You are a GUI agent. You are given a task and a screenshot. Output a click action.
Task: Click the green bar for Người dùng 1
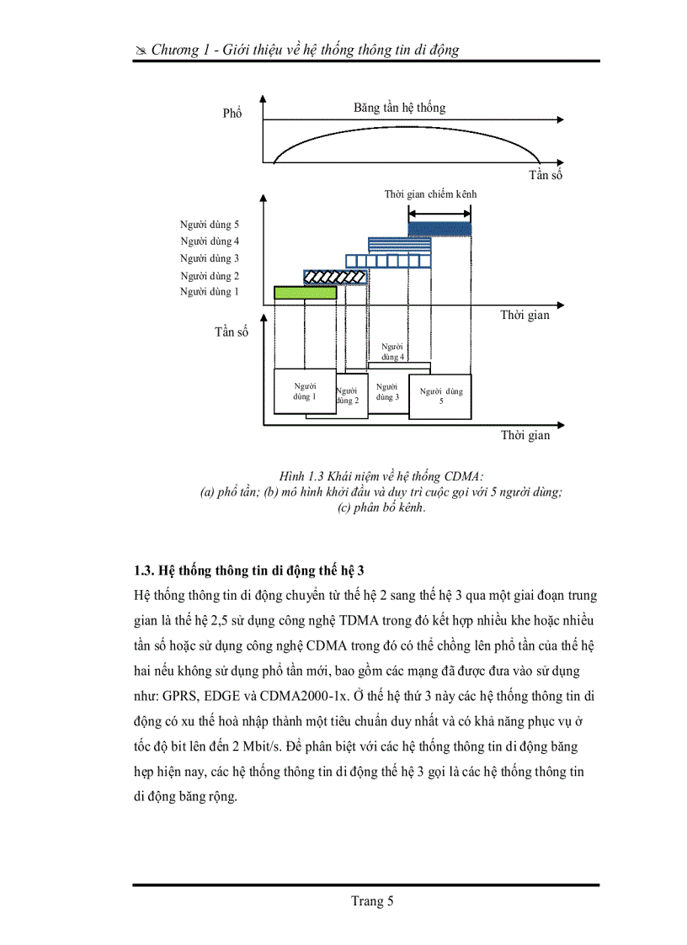[305, 292]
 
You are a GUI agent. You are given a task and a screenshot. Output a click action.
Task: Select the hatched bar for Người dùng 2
[335, 276]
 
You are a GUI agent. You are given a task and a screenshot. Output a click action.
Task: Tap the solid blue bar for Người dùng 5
[439, 228]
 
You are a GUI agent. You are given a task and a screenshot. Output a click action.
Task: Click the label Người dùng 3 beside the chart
[209, 259]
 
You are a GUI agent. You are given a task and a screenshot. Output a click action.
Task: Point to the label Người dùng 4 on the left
[209, 242]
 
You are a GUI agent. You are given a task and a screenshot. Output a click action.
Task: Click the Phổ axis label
[232, 113]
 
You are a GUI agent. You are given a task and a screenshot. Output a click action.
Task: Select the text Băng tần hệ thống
[399, 108]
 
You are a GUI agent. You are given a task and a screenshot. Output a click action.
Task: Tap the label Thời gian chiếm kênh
[430, 194]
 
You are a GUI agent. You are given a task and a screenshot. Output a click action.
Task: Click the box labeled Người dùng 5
[440, 396]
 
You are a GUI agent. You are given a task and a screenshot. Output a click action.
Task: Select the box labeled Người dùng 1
[304, 391]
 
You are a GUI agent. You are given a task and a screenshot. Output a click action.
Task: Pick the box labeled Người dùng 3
[388, 392]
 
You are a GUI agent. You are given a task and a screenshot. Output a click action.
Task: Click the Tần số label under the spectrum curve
[545, 175]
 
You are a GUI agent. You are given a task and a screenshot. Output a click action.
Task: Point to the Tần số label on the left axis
[232, 332]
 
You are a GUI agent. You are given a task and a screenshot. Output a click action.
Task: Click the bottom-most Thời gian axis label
[525, 435]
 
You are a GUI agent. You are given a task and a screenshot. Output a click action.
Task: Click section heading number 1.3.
[144, 570]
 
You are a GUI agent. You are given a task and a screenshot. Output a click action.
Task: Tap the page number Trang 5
[371, 902]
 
